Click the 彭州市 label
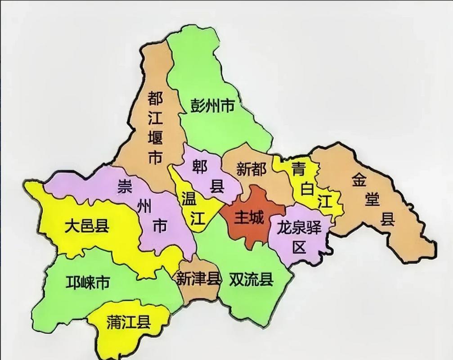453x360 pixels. click(x=211, y=107)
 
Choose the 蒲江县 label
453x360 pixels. click(x=128, y=322)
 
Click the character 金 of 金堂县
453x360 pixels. click(x=360, y=180)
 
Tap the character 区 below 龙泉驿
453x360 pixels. click(x=298, y=247)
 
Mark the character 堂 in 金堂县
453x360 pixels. click(x=372, y=200)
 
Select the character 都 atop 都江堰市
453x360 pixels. click(x=155, y=99)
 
